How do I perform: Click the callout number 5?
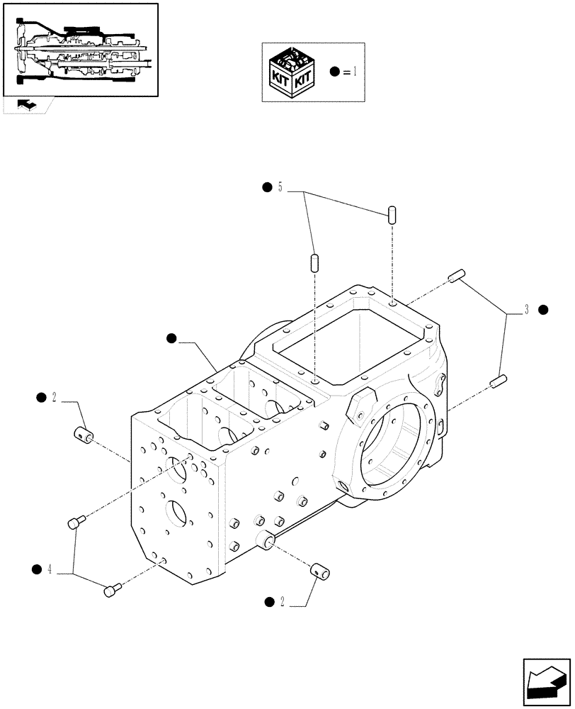tap(280, 188)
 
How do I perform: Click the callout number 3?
tap(527, 310)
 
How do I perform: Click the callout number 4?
tap(50, 569)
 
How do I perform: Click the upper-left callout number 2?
tap(55, 398)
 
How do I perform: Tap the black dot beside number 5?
tap(267, 188)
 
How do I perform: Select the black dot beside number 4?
tap(37, 569)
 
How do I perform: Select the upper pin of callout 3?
tap(455, 276)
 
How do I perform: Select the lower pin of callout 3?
tap(496, 381)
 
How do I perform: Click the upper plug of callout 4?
tap(75, 523)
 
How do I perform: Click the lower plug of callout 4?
tap(113, 589)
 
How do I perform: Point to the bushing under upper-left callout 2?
tap(85, 433)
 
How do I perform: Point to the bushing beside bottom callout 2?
tap(318, 568)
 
